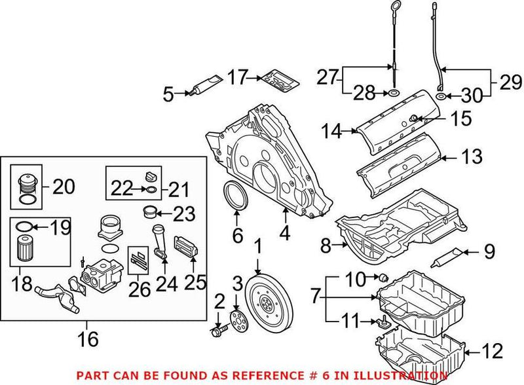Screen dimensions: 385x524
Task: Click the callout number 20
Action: click(64, 187)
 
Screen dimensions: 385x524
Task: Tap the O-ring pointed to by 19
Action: click(22, 228)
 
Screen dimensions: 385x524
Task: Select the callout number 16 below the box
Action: click(88, 339)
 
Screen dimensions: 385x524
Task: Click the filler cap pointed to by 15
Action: click(415, 118)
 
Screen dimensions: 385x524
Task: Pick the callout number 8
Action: click(326, 247)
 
